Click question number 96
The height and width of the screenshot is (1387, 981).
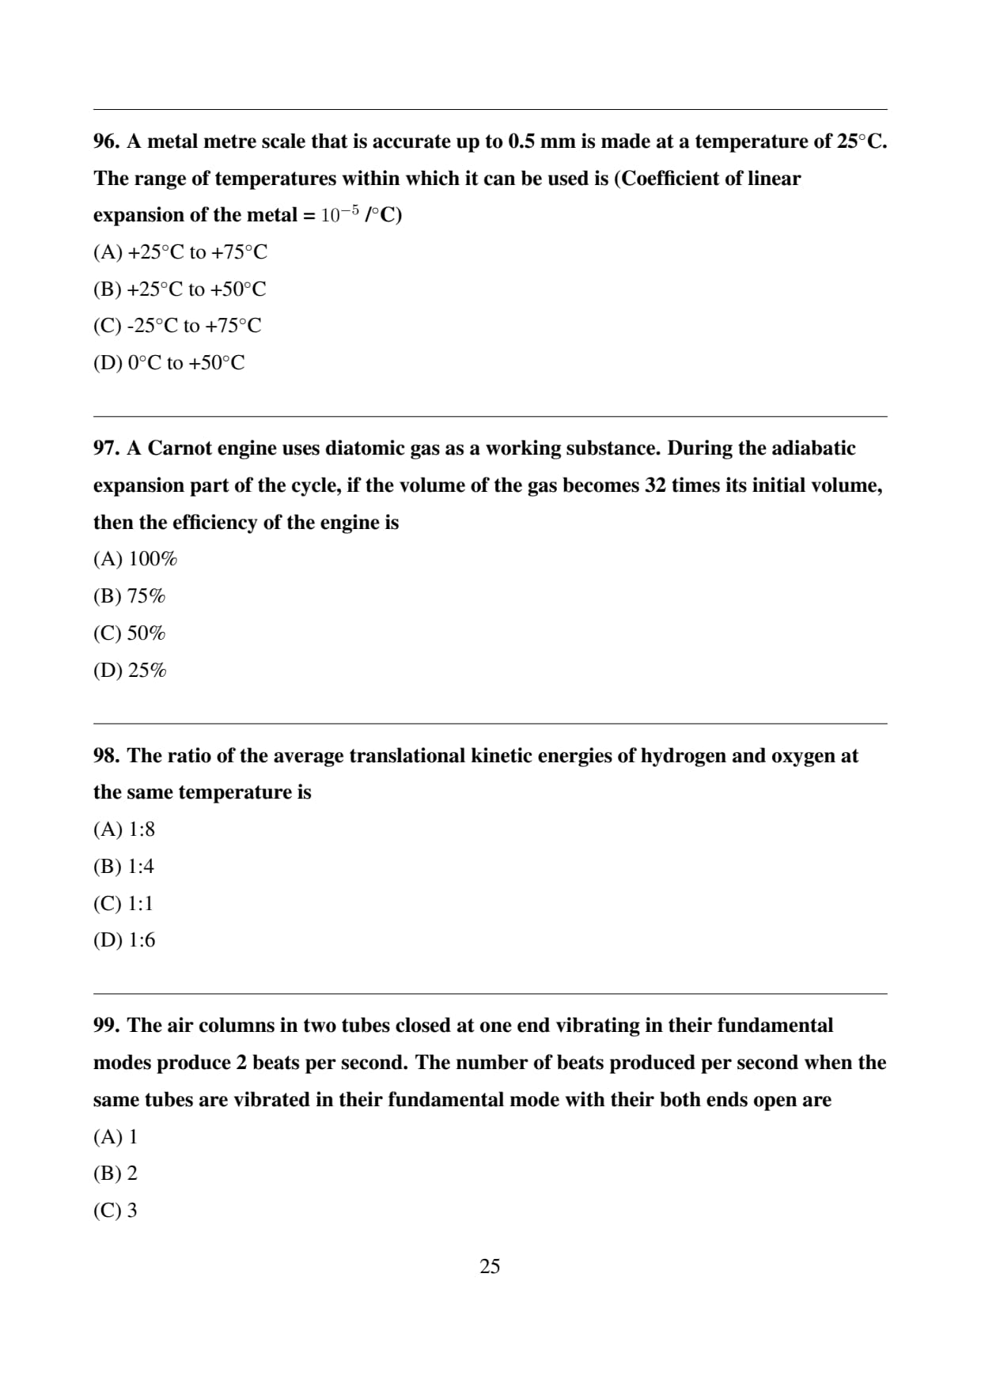click(106, 142)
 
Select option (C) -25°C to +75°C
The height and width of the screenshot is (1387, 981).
click(177, 326)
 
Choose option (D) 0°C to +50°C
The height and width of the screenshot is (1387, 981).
click(169, 363)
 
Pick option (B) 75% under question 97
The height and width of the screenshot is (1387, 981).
click(129, 596)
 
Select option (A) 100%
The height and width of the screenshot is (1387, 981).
click(135, 559)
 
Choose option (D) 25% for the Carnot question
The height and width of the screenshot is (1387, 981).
click(130, 671)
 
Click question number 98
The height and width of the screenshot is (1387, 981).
click(106, 756)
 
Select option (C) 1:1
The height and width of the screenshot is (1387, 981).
click(123, 903)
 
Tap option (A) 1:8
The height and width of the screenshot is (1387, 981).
click(124, 830)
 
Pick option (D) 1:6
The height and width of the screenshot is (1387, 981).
click(124, 940)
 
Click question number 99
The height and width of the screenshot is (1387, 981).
click(106, 1026)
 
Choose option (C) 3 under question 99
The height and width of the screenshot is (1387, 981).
click(116, 1211)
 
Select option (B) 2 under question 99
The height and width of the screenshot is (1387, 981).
click(116, 1173)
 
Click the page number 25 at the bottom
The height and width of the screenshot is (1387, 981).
click(490, 1267)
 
